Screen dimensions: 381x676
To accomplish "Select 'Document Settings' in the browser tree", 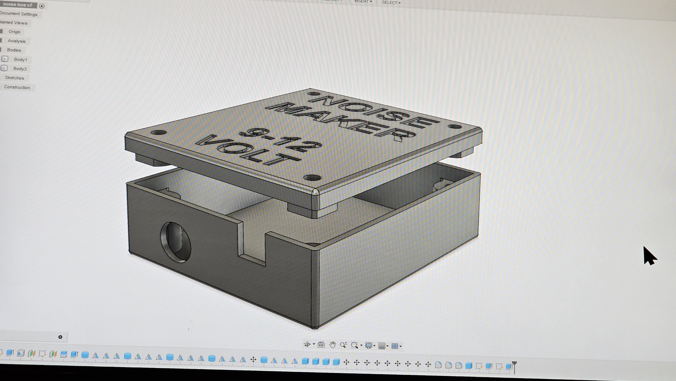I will tap(19, 14).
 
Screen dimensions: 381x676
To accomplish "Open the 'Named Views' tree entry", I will tap(14, 23).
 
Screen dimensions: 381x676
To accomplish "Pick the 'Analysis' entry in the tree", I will tap(17, 41).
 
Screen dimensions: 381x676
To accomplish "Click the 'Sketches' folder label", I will tap(14, 78).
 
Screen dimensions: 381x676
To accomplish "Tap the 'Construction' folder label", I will tap(17, 87).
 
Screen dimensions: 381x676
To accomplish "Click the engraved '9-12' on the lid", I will tap(281, 141).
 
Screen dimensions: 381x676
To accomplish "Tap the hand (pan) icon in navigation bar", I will tap(332, 345).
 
